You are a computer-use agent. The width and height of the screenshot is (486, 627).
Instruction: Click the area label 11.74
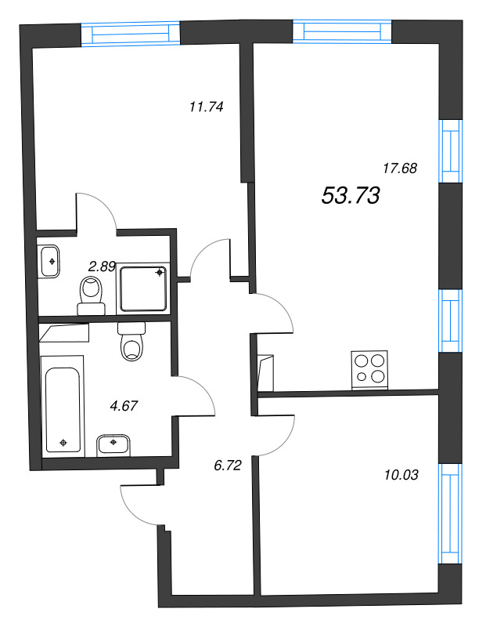[x=207, y=108]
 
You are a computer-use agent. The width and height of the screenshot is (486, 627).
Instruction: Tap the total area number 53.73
[x=351, y=196]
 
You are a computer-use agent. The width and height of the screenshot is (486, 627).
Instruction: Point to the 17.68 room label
[x=399, y=167]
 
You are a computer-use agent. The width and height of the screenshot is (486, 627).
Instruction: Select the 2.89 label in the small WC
[x=102, y=266]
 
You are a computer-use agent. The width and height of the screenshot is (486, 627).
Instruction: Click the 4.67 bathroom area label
[x=123, y=406]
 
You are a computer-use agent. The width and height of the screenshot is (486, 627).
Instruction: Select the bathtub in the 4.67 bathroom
[x=63, y=404]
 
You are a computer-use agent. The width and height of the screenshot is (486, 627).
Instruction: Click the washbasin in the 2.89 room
[x=50, y=260]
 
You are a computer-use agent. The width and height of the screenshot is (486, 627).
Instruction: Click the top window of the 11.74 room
[x=131, y=34]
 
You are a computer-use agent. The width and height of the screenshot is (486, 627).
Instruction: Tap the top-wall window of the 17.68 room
[x=342, y=30]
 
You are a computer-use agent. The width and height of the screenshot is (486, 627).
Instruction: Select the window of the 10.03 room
[x=448, y=513]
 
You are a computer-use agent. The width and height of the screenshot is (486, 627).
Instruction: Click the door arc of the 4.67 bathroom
[x=196, y=396]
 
